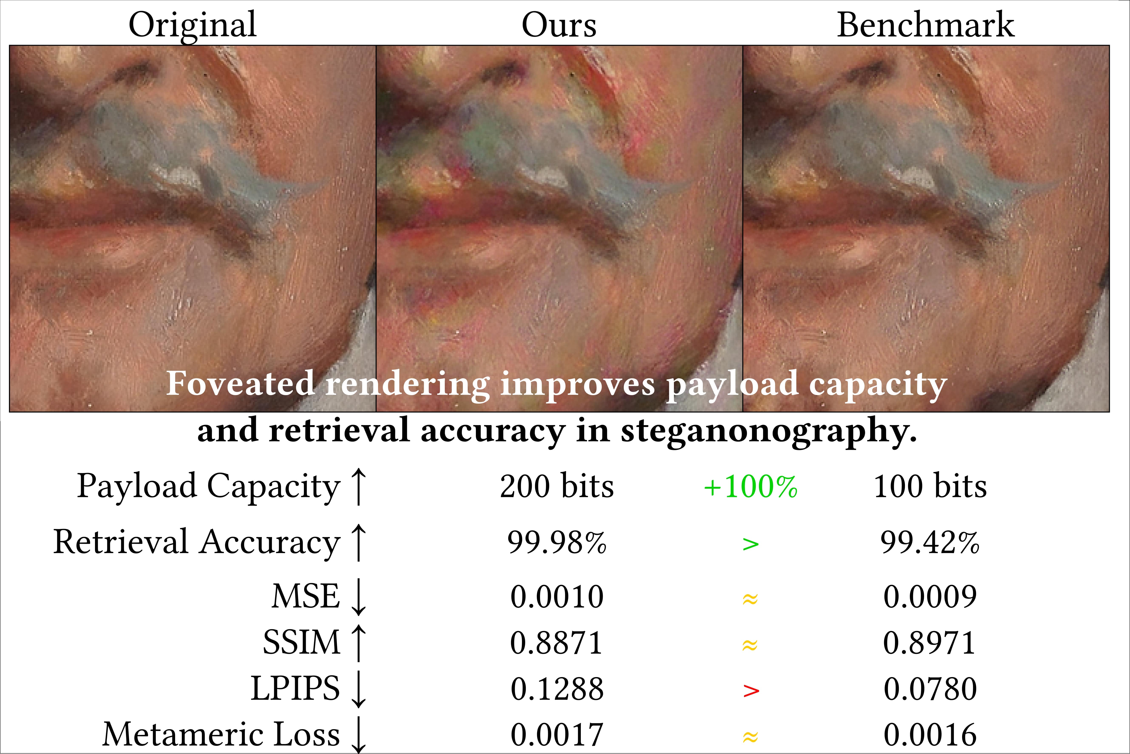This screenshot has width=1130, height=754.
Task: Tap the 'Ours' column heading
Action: (x=559, y=25)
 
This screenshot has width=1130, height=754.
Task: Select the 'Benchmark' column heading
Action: (x=925, y=25)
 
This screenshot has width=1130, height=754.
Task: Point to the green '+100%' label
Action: (x=750, y=487)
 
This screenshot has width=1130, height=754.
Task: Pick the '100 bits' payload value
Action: (x=930, y=487)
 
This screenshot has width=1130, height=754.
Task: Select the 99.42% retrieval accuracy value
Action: (x=930, y=542)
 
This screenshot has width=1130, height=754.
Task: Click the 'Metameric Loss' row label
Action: (x=221, y=734)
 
